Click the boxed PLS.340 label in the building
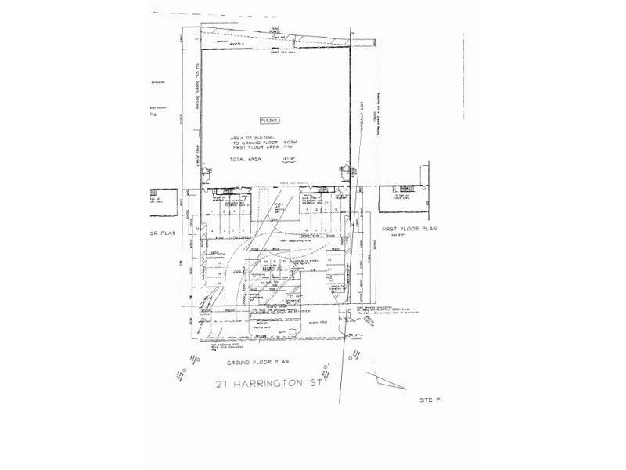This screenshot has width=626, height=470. click(x=269, y=118)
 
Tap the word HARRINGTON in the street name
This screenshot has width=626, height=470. click(x=276, y=385)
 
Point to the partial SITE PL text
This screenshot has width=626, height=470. click(x=431, y=399)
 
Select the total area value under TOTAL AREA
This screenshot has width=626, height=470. click(x=286, y=158)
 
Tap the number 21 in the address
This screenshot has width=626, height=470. click(x=224, y=385)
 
